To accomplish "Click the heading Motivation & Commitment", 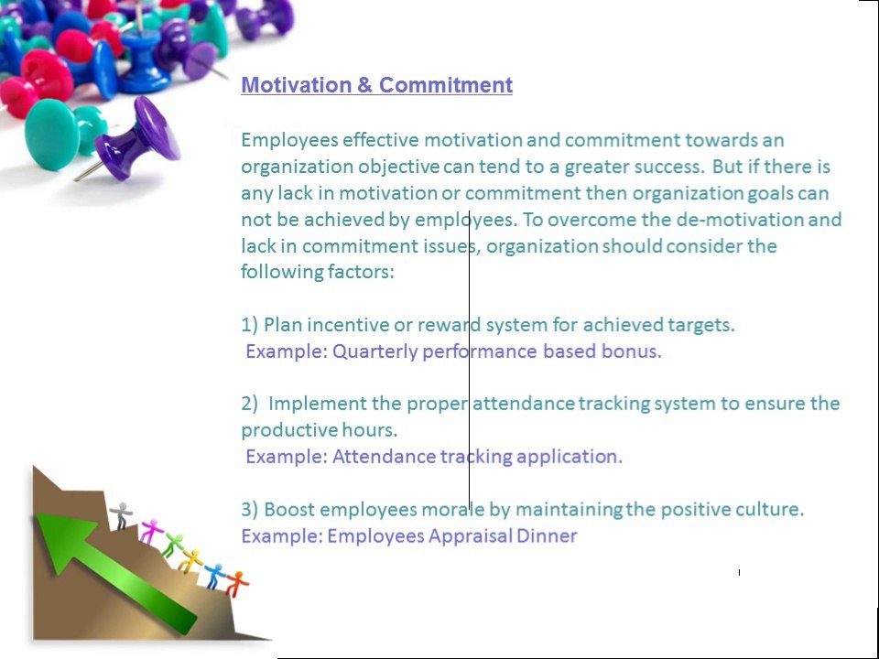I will coord(376,85).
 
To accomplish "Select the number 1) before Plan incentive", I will coord(250,325).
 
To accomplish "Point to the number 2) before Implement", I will coord(250,404).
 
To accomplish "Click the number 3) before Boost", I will coord(250,510).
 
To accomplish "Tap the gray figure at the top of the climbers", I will coord(121,514).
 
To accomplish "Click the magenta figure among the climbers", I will coord(149,530).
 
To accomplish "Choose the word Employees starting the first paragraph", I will coord(288,141).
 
